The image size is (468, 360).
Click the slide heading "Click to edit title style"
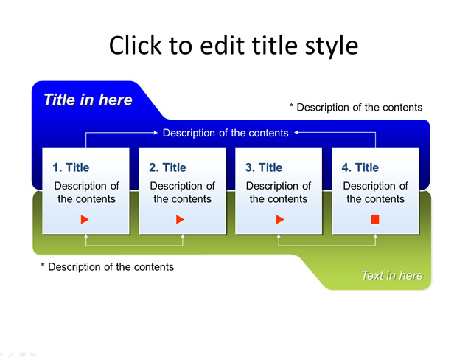234,46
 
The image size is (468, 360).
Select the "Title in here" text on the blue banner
88,100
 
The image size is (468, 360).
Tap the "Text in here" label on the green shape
392,275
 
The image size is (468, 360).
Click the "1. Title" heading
71,167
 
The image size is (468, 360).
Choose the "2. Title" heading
167,167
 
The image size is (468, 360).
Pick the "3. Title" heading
264,167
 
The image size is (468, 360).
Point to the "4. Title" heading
360,167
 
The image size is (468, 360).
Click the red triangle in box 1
85,220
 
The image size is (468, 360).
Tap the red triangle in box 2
180,220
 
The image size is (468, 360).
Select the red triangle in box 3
280,220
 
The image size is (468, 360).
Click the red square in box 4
375,220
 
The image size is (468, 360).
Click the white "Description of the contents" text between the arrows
226,133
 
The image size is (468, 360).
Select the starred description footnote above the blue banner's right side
356,107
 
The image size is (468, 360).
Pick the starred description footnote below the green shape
107,267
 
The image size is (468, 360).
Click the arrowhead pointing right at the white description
156,132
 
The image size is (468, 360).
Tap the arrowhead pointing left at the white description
296,132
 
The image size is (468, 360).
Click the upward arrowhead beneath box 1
86,236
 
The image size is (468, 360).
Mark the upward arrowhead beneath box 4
375,236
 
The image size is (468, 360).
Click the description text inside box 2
182,193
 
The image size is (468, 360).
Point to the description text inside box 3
279,193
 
